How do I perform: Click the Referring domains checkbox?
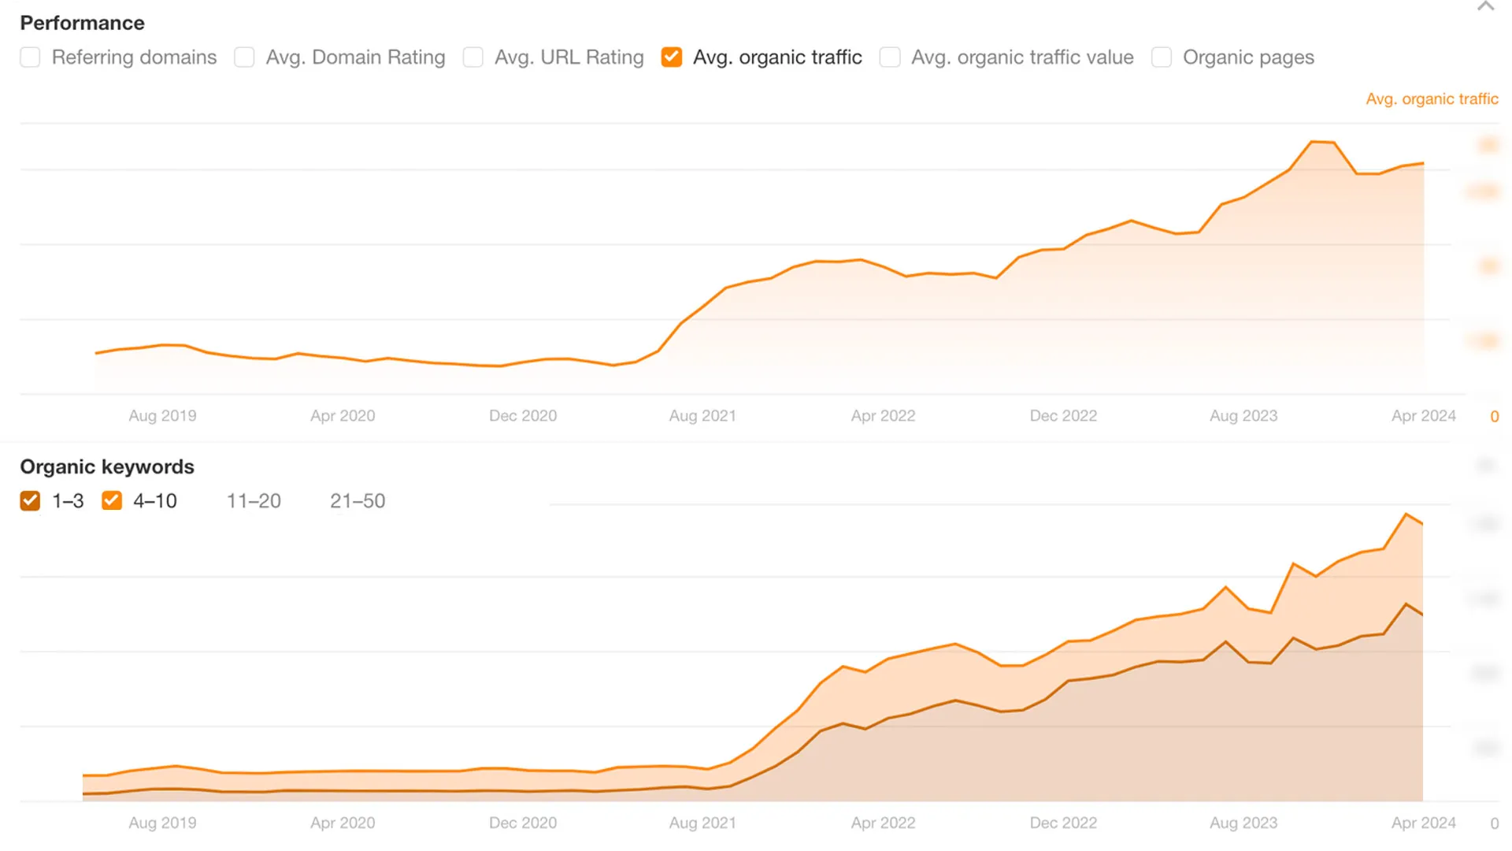30,58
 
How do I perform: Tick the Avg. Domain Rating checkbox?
244,58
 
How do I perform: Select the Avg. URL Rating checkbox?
473,58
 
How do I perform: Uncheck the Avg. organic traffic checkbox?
672,58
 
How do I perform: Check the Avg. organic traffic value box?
890,58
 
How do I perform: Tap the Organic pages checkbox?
1162,58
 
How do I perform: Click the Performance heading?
82,23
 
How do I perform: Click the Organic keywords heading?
107,466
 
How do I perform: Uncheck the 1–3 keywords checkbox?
30,501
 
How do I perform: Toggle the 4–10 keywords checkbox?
112,501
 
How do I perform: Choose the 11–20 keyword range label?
254,501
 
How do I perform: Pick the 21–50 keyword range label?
358,501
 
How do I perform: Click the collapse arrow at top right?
1485,7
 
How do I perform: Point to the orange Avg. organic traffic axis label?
1432,99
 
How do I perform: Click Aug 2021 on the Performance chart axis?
702,416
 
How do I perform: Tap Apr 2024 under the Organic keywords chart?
1423,823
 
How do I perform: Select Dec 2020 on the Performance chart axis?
523,416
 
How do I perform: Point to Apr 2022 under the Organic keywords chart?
883,823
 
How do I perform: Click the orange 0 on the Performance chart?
1494,417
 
